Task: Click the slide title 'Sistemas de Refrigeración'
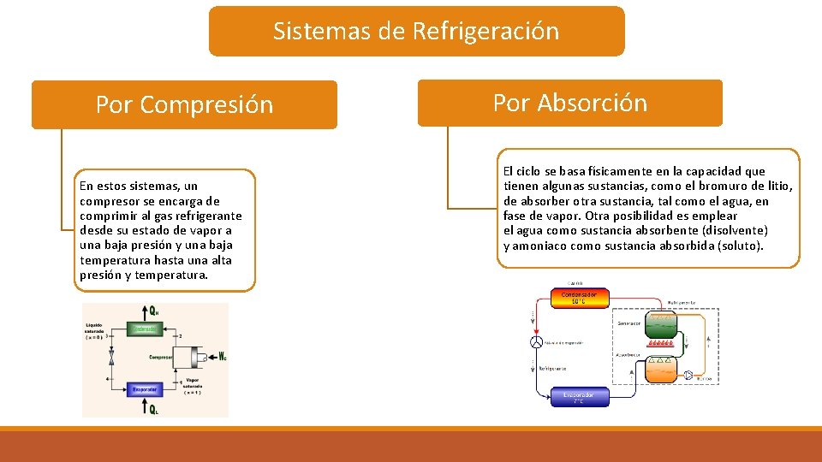tap(416, 32)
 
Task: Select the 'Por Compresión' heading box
tap(184, 104)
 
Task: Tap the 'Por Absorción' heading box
tap(569, 103)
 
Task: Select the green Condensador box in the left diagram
tap(145, 328)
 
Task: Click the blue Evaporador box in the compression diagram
tap(145, 389)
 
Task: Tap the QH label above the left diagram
tap(153, 311)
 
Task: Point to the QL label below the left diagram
tap(153, 409)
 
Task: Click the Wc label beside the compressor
tap(222, 356)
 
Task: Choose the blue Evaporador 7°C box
tap(578, 398)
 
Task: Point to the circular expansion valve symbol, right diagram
tap(536, 342)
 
